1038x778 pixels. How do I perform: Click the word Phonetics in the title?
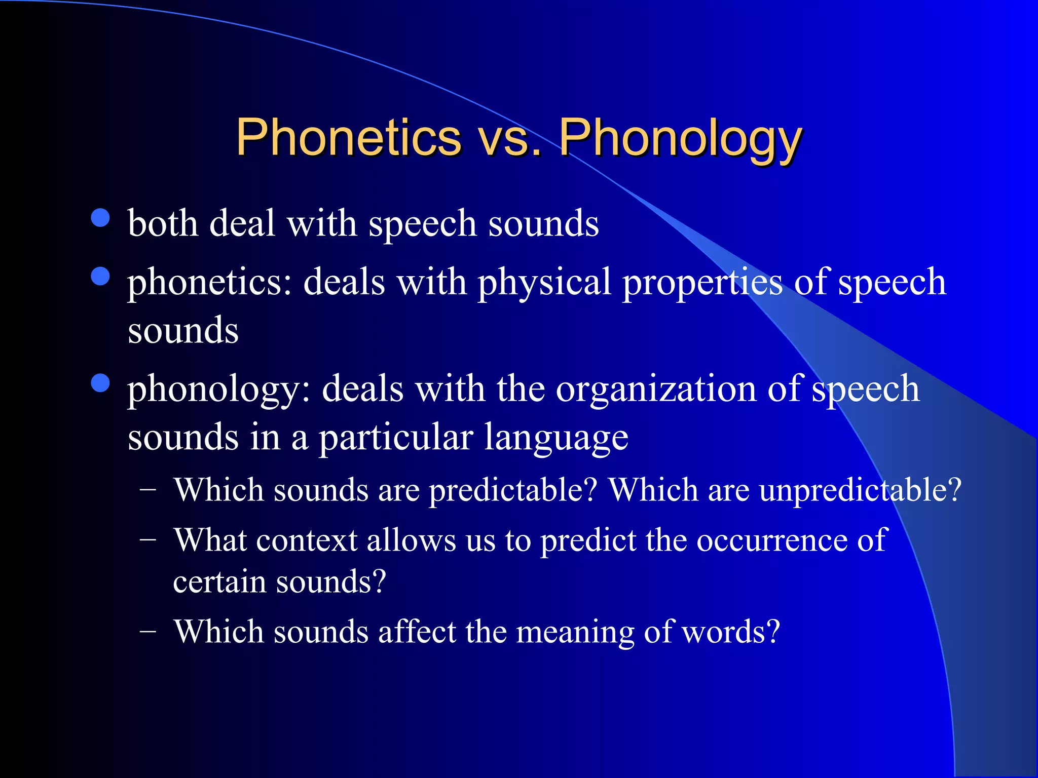348,137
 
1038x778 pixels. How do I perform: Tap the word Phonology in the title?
680,138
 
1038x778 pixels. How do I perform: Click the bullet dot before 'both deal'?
101,218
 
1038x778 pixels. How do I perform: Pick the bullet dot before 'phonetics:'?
101,277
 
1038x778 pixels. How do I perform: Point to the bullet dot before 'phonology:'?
101,383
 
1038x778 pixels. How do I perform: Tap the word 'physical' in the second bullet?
544,283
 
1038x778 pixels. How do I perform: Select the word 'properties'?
702,283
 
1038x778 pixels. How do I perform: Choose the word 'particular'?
395,438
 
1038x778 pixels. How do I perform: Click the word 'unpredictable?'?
860,491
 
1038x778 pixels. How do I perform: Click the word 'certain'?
219,581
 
